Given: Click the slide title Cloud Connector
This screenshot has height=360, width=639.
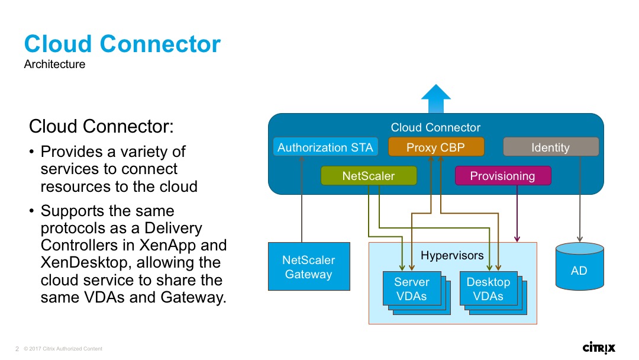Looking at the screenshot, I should pyautogui.click(x=122, y=45).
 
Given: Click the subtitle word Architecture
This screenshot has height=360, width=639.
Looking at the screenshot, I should pyautogui.click(x=54, y=65).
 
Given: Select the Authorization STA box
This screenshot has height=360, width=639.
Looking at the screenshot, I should pyautogui.click(x=325, y=147).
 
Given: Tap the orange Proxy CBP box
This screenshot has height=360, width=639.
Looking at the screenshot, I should pyautogui.click(x=436, y=147).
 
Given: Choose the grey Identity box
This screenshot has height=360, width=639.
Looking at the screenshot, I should pyautogui.click(x=550, y=147).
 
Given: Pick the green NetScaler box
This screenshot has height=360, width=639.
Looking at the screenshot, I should pyautogui.click(x=369, y=176).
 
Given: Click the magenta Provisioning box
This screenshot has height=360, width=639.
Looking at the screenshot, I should pyautogui.click(x=502, y=176).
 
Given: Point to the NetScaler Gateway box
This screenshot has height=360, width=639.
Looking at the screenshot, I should pyautogui.click(x=308, y=266).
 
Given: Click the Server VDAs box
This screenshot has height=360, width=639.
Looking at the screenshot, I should pyautogui.click(x=412, y=289).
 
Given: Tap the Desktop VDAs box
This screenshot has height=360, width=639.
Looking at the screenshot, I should pyautogui.click(x=488, y=289).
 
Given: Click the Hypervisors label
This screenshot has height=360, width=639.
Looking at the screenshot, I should pyautogui.click(x=452, y=256).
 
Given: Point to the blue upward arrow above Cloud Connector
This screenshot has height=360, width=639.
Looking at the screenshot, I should pyautogui.click(x=436, y=98).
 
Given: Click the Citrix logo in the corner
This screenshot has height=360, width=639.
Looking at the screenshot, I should pyautogui.click(x=599, y=347).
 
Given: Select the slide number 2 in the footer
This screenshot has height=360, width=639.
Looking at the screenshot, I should pyautogui.click(x=17, y=349).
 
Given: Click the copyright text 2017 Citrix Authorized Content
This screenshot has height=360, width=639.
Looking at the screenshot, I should pyautogui.click(x=63, y=349).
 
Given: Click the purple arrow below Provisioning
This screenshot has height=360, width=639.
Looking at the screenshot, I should pyautogui.click(x=518, y=213).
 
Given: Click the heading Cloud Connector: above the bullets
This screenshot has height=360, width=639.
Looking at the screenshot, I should pyautogui.click(x=101, y=126).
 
